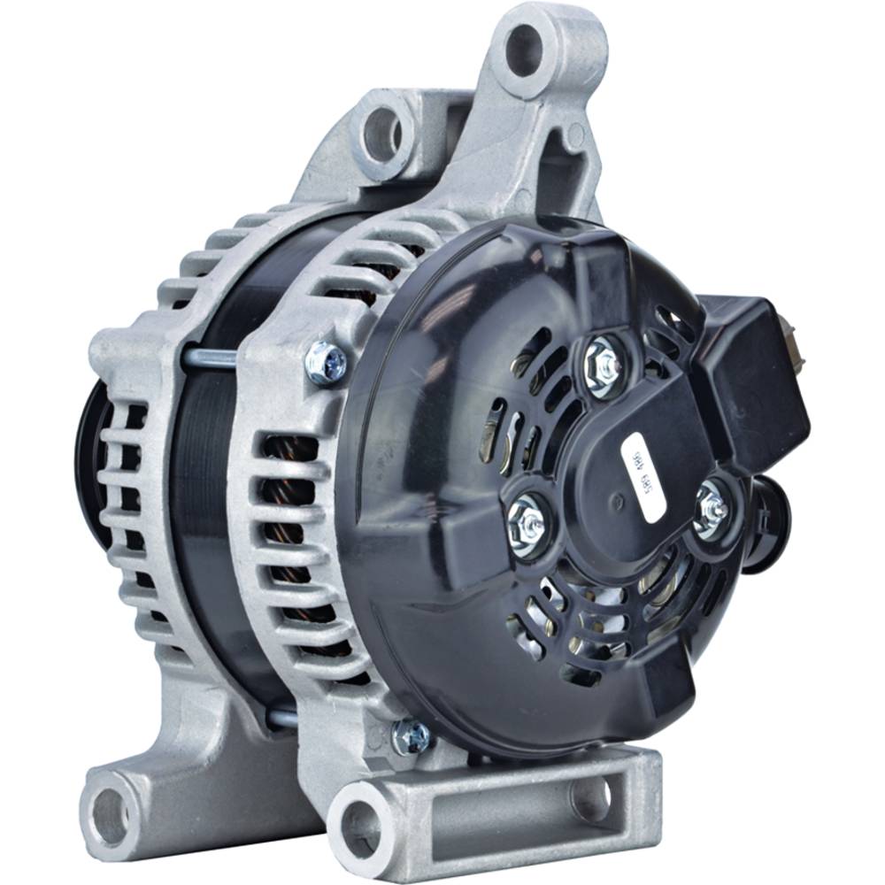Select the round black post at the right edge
(x=768, y=522)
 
